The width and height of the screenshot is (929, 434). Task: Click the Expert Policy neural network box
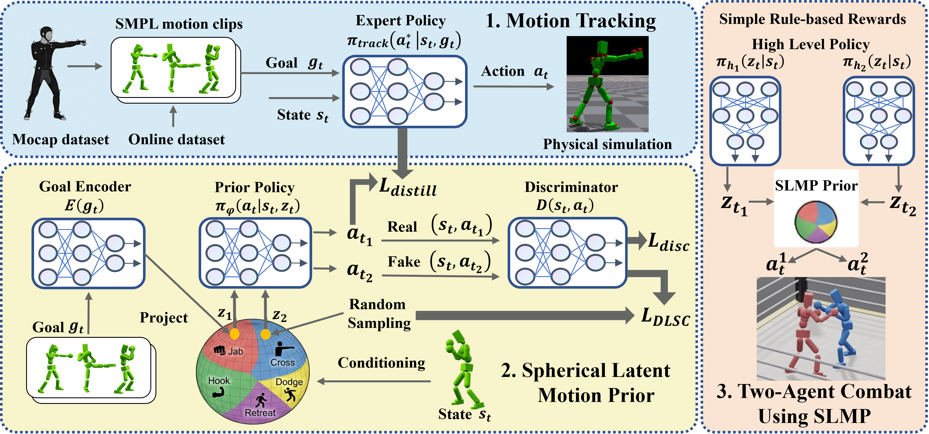coord(405,92)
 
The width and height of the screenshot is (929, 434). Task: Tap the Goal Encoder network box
coord(88,253)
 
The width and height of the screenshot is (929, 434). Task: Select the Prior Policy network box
coord(255,253)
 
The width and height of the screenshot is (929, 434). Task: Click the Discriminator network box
coord(567,253)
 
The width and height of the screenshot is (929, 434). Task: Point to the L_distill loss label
coord(408,187)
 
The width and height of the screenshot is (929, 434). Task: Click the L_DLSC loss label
coord(665,317)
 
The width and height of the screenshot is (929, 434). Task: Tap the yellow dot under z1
coord(234,334)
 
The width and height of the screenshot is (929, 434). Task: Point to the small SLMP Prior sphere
coord(816,222)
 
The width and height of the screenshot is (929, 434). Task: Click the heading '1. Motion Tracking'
coord(571,21)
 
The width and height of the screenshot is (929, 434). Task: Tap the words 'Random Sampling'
coord(379,314)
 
